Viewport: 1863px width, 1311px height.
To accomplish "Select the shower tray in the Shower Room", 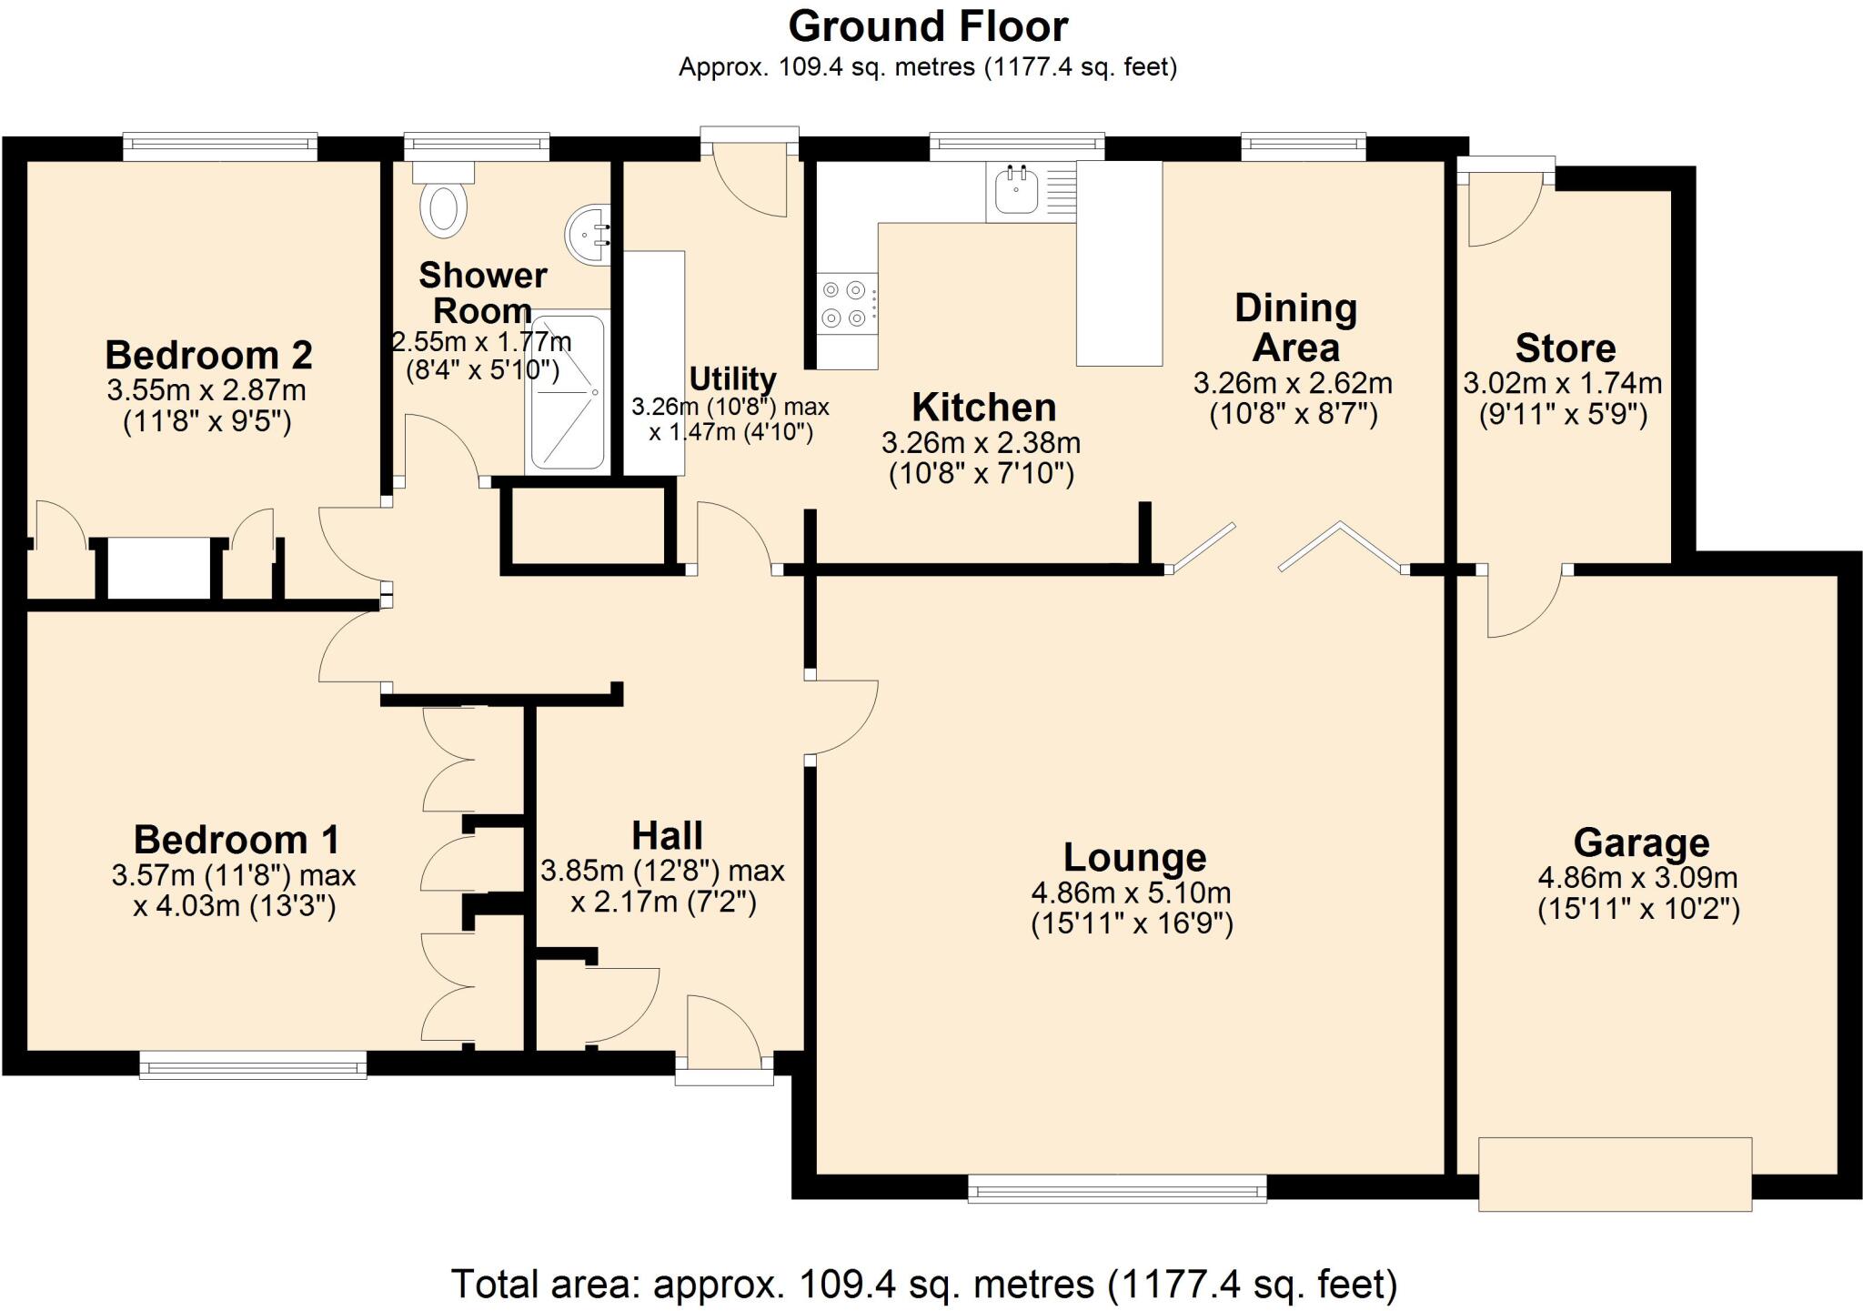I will [567, 394].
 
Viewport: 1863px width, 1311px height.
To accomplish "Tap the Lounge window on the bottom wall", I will [1117, 1188].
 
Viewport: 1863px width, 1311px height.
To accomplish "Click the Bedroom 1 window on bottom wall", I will [253, 1064].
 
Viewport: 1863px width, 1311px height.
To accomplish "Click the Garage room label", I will [1641, 842].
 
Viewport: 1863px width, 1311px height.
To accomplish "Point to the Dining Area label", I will [1295, 328].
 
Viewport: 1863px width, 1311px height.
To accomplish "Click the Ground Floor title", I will [927, 26].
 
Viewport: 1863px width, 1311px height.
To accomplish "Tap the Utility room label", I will [732, 378].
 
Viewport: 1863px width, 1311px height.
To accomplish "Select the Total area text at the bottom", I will [923, 1284].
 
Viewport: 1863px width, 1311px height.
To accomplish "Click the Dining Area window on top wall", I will [1304, 146].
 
